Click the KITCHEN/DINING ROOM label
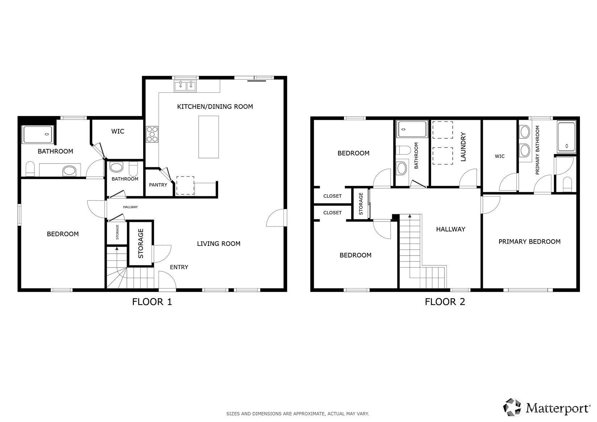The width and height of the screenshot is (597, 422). pyautogui.click(x=215, y=107)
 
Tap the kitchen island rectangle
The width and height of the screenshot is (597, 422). pyautogui.click(x=209, y=137)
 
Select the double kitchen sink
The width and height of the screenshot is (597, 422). pyautogui.click(x=185, y=86)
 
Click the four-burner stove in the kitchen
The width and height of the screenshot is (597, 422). pyautogui.click(x=152, y=134)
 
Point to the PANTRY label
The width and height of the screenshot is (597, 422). pyautogui.click(x=158, y=185)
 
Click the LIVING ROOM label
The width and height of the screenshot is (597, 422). pyautogui.click(x=219, y=244)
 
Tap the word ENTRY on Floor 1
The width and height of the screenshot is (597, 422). pyautogui.click(x=179, y=267)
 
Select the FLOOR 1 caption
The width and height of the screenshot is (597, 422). pyautogui.click(x=152, y=302)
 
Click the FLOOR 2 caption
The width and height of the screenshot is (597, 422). pyautogui.click(x=445, y=302)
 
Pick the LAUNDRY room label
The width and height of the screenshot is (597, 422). pyautogui.click(x=463, y=147)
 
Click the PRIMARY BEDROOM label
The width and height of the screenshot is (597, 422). pyautogui.click(x=529, y=242)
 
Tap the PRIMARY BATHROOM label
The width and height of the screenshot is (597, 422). pyautogui.click(x=537, y=150)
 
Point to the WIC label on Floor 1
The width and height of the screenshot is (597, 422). pyautogui.click(x=117, y=132)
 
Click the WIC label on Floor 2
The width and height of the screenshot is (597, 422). pyautogui.click(x=500, y=156)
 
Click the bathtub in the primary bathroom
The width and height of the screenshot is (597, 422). pyautogui.click(x=567, y=137)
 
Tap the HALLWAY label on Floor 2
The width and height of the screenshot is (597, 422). pyautogui.click(x=451, y=229)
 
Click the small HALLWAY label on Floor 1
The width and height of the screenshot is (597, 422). pyautogui.click(x=130, y=207)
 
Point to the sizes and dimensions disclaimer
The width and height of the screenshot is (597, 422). pyautogui.click(x=298, y=414)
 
